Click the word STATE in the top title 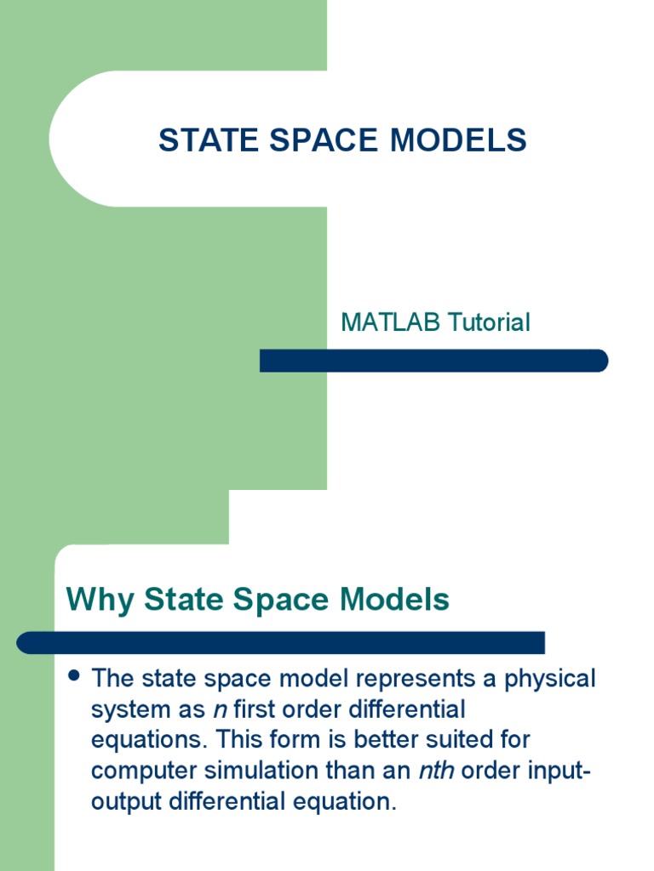209,139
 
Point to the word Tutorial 489,322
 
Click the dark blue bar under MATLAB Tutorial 433,361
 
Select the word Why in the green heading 100,601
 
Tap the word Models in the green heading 394,600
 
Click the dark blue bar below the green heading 281,643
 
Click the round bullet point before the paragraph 73,675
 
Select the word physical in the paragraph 550,680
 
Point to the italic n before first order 221,710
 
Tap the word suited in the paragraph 458,740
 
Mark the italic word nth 437,771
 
